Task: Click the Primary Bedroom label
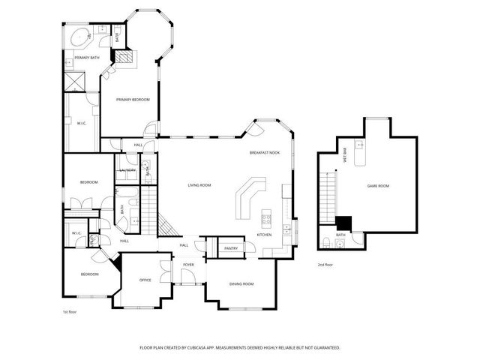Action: coord(132,100)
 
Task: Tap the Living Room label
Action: coord(199,185)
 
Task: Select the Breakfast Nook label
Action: coord(265,153)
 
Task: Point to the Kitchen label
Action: coord(264,235)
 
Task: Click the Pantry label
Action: coord(230,247)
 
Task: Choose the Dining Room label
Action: coord(241,283)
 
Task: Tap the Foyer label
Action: coord(188,265)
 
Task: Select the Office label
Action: coord(145,280)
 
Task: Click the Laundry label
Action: coord(127,170)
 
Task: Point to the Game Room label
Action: coord(378,185)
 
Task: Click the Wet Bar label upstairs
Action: coord(345,157)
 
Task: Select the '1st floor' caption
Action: coord(70,311)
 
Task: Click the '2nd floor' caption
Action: coord(325,265)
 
